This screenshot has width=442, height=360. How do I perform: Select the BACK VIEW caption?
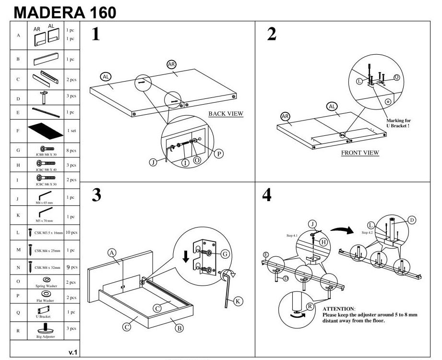226,114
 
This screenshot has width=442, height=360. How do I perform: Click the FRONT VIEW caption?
359,153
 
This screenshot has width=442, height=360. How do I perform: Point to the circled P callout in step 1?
218,154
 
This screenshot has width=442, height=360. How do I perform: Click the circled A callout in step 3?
112,253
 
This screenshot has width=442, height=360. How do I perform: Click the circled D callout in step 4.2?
412,220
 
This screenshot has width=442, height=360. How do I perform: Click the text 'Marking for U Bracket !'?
398,123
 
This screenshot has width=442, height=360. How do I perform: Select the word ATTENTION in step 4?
338,308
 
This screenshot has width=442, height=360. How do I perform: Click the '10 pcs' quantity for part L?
71,232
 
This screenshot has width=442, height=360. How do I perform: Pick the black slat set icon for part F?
46,130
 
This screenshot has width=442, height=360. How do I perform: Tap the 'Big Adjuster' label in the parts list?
46,336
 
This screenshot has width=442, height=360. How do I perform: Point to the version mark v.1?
73,352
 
